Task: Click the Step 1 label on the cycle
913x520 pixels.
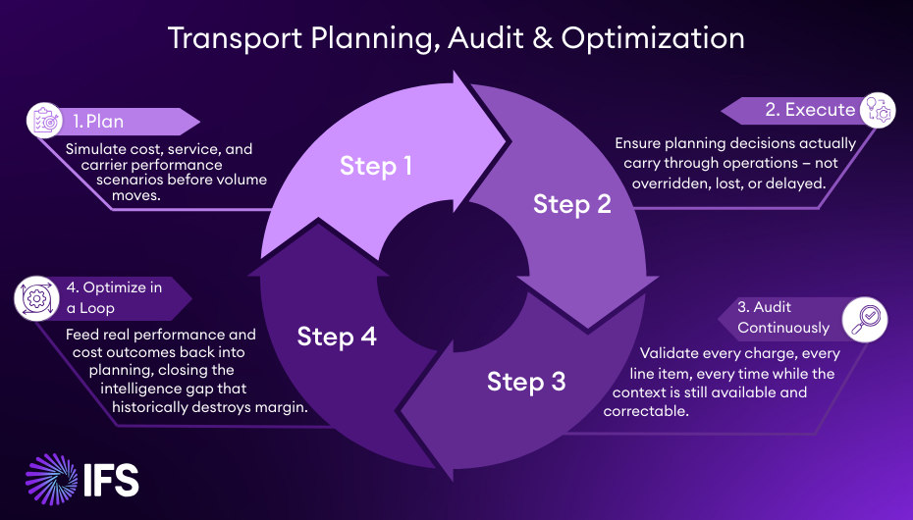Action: tap(376, 166)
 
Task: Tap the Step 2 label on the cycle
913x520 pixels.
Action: tap(572, 204)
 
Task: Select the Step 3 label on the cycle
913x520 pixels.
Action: tap(526, 381)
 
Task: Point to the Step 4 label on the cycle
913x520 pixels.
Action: tap(337, 337)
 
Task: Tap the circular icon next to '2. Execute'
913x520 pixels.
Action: tap(877, 110)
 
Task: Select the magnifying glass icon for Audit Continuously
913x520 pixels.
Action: tap(869, 317)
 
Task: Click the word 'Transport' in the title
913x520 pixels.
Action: tap(229, 38)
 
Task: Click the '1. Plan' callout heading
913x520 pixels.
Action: tap(98, 123)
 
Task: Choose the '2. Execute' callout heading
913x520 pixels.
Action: tap(810, 110)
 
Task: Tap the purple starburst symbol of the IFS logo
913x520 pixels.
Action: tap(52, 480)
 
